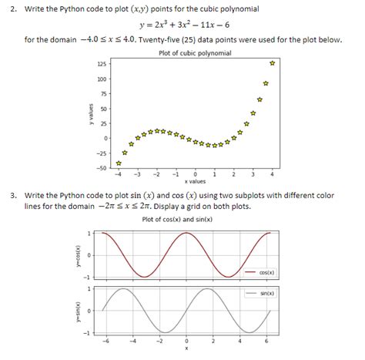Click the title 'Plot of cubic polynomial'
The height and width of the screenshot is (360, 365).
coord(194,52)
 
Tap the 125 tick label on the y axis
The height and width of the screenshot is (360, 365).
coord(102,64)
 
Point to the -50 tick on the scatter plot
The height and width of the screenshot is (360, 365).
coord(102,167)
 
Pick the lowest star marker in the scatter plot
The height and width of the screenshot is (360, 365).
coord(118,163)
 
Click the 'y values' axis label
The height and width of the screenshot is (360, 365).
coord(90,115)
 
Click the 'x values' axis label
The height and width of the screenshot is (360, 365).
coord(196,181)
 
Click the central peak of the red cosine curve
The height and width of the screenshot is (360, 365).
coord(186,233)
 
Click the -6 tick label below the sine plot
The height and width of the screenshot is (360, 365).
coord(106,340)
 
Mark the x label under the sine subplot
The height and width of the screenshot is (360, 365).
coord(186,348)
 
